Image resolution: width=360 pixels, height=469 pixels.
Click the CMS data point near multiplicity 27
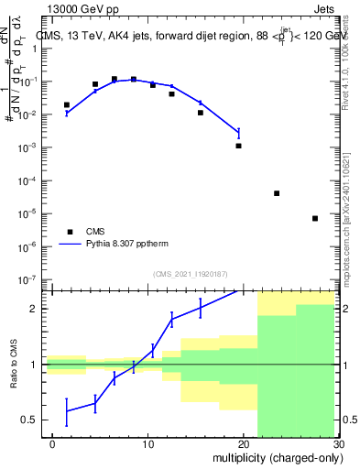[x=315, y=218]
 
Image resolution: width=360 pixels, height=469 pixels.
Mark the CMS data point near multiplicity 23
[x=277, y=193]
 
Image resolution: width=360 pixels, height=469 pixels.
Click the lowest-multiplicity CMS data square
[x=67, y=105]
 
